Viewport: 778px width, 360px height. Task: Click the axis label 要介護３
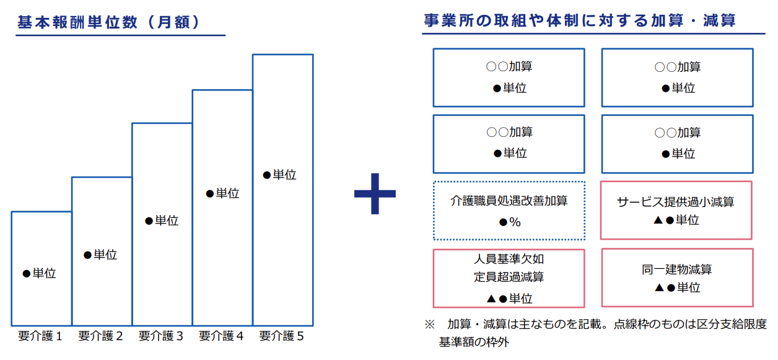pos(161,336)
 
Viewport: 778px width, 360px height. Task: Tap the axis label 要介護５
pos(281,336)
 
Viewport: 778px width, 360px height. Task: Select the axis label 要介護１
pos(40,336)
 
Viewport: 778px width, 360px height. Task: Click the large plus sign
pos(375,193)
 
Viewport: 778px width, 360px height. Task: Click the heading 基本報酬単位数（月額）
pos(108,22)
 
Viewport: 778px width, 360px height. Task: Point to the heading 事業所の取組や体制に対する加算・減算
pos(580,20)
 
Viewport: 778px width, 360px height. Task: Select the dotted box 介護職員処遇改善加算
pos(509,182)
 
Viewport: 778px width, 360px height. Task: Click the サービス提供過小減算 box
pos(676,182)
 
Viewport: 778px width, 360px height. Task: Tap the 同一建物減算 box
pos(677,249)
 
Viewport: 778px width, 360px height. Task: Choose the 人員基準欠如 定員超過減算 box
pos(509,250)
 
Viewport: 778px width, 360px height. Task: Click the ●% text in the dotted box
pos(510,222)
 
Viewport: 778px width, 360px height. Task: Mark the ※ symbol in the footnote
pos(430,325)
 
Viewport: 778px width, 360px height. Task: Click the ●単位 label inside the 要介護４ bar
pos(222,193)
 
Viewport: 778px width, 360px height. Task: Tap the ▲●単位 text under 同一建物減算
pos(677,288)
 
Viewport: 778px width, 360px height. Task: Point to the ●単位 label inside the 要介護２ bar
pos(100,255)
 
